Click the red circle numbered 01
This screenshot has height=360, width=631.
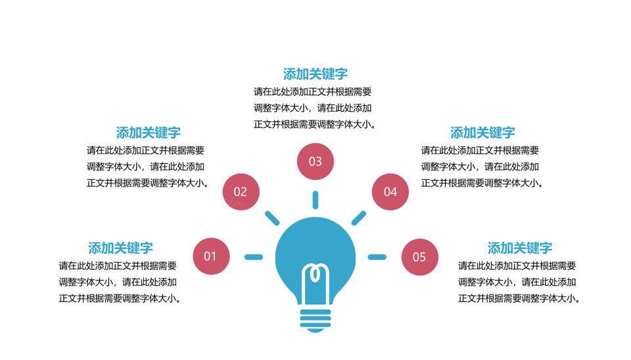[211, 256]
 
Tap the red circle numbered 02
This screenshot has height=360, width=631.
[241, 192]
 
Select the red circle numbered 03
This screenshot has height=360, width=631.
[315, 162]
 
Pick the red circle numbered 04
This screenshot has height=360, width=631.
[390, 192]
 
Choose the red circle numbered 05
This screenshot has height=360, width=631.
[420, 257]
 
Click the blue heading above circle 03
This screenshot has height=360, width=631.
[315, 74]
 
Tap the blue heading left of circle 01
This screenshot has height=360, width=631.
[121, 248]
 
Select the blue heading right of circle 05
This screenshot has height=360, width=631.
[520, 248]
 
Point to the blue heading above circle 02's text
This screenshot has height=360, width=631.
[149, 133]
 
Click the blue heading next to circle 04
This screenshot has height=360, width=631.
[483, 133]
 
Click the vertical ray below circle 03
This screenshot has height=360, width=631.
[315, 200]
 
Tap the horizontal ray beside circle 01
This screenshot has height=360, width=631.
[254, 257]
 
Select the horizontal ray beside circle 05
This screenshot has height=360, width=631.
[377, 257]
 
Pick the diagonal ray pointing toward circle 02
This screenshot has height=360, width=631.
[272, 218]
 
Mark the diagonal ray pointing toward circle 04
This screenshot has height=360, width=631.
[359, 218]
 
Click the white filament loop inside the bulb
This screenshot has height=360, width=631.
[315, 273]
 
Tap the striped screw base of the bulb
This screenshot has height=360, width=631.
[315, 320]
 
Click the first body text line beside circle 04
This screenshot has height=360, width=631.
[480, 150]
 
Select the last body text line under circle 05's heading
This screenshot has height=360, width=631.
[519, 298]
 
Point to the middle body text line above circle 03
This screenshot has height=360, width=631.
[313, 108]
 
